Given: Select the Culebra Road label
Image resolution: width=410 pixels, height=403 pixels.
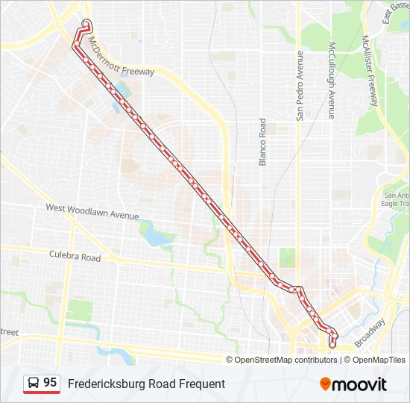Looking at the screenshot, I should click(x=75, y=256).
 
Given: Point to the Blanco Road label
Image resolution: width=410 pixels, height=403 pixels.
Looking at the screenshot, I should click(x=262, y=142).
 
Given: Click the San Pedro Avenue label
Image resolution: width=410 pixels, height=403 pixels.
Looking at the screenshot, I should click(x=300, y=85).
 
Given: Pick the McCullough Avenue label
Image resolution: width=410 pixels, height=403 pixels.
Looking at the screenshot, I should click(x=330, y=79).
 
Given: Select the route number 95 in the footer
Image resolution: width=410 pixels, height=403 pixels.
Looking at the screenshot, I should click(x=50, y=383).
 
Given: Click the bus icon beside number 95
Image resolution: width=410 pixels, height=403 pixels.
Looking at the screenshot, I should click(x=34, y=384).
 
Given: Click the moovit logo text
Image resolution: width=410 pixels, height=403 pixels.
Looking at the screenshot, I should click(x=360, y=384).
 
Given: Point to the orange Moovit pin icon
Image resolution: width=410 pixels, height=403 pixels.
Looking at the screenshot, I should click(x=325, y=384).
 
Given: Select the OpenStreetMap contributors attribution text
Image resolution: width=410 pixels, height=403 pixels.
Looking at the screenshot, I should click(x=286, y=360).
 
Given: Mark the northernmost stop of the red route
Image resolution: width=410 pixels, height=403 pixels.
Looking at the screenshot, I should click(x=86, y=22).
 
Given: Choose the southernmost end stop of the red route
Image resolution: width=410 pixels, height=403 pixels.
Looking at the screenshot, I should click(x=332, y=345).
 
